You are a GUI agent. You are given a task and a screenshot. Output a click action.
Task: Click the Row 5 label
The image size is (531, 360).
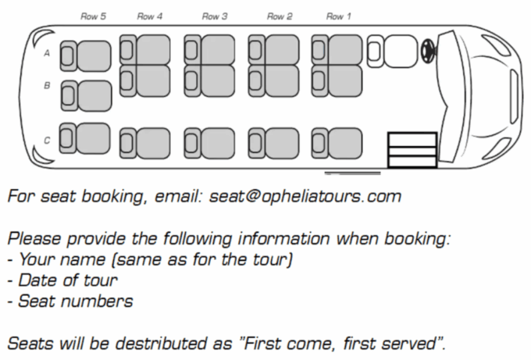pyautogui.click(x=93, y=16)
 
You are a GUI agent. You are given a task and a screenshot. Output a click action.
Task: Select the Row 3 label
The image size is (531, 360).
pyautogui.click(x=214, y=16)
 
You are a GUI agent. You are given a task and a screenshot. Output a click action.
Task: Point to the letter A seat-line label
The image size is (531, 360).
pyautogui.click(x=47, y=54)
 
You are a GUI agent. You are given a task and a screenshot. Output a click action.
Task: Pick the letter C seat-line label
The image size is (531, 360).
pyautogui.click(x=47, y=141)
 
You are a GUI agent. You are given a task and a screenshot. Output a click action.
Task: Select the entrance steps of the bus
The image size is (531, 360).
pyautogui.click(x=412, y=150)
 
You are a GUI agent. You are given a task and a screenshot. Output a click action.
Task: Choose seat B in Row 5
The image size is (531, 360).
pyautogui.click(x=86, y=94)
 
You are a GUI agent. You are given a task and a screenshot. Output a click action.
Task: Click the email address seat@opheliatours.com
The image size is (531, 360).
pyautogui.click(x=305, y=196)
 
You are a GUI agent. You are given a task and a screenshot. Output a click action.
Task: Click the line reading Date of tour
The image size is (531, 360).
pyautogui.click(x=69, y=280)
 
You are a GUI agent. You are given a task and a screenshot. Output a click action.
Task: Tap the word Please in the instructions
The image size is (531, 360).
pyautogui.click(x=32, y=238)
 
